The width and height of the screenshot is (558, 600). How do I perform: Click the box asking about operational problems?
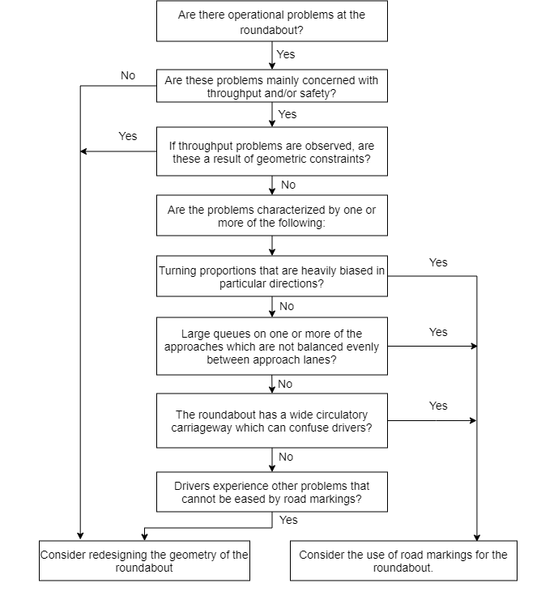click(x=271, y=22)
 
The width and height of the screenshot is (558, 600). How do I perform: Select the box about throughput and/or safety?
click(x=271, y=87)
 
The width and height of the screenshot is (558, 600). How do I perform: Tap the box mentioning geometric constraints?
click(x=271, y=151)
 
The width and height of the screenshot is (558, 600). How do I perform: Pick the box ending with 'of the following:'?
click(x=271, y=215)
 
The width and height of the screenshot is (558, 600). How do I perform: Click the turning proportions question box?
click(x=271, y=277)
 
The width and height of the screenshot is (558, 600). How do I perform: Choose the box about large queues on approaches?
click(x=271, y=346)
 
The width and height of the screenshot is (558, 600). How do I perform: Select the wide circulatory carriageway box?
click(x=271, y=420)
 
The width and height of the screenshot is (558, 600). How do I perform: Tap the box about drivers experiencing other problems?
click(x=271, y=492)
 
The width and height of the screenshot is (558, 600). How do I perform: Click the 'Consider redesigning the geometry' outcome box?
click(x=144, y=561)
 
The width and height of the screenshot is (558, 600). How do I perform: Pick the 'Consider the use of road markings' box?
click(x=403, y=561)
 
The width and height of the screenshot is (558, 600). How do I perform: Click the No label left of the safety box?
click(x=128, y=75)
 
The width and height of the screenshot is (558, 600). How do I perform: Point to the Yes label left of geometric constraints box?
click(x=128, y=136)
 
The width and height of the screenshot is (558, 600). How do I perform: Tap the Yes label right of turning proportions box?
click(x=438, y=262)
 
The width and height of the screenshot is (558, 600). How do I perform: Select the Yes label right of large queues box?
click(x=438, y=332)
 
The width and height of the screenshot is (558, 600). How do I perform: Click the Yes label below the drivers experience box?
click(x=288, y=520)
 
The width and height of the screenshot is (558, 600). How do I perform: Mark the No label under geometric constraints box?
click(x=288, y=185)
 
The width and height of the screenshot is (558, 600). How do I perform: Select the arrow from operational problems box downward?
click(x=271, y=54)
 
